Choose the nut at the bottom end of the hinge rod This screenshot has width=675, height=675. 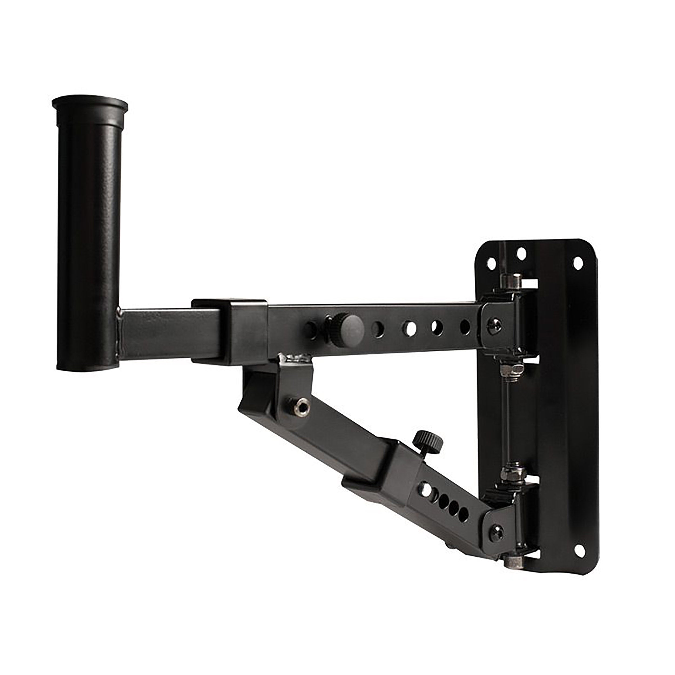click(512, 563)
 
